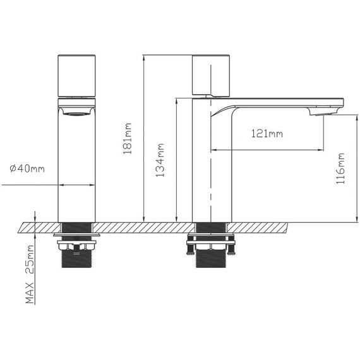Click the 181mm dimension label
[128, 138]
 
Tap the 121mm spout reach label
[267, 134]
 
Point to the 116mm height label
[342, 168]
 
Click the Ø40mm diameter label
[27, 169]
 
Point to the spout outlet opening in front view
[76, 113]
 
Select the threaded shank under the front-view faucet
[76, 260]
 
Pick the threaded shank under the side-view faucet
[212, 260]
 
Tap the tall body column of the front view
[76, 171]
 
